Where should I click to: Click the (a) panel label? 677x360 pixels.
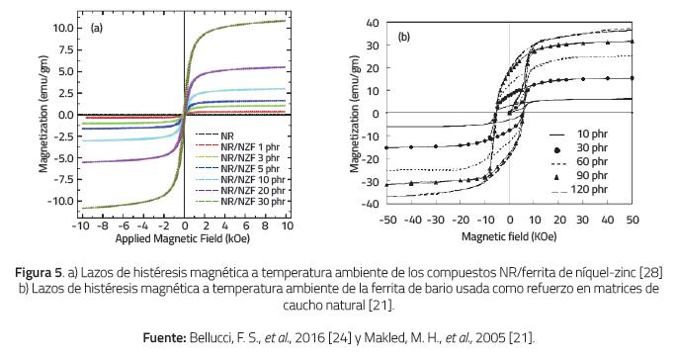[x=97, y=28]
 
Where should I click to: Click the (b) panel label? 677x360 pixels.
[x=405, y=38]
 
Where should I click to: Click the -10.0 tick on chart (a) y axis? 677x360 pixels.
[x=62, y=201]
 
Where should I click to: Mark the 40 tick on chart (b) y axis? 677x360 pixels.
[x=372, y=22]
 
